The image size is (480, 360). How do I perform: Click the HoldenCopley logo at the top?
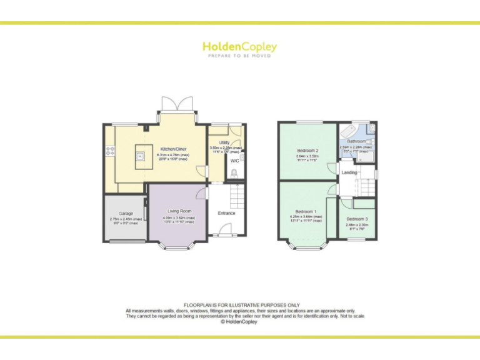(239, 47)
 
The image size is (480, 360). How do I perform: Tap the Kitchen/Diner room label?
(173, 149)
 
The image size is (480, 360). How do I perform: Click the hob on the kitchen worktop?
(110, 150)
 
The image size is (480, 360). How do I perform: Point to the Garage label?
(126, 213)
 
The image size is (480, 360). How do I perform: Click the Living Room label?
(179, 211)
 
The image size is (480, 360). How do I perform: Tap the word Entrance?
(226, 213)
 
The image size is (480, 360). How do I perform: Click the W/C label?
(234, 161)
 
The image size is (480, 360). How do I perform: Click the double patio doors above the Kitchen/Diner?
(178, 104)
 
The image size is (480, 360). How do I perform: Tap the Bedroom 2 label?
(307, 151)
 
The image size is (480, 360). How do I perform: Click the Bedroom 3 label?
(357, 219)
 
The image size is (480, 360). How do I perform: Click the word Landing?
(349, 172)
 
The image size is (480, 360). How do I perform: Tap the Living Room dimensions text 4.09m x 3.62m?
(179, 218)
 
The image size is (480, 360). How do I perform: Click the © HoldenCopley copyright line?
(239, 322)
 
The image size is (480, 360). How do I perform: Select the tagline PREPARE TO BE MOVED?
(239, 56)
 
